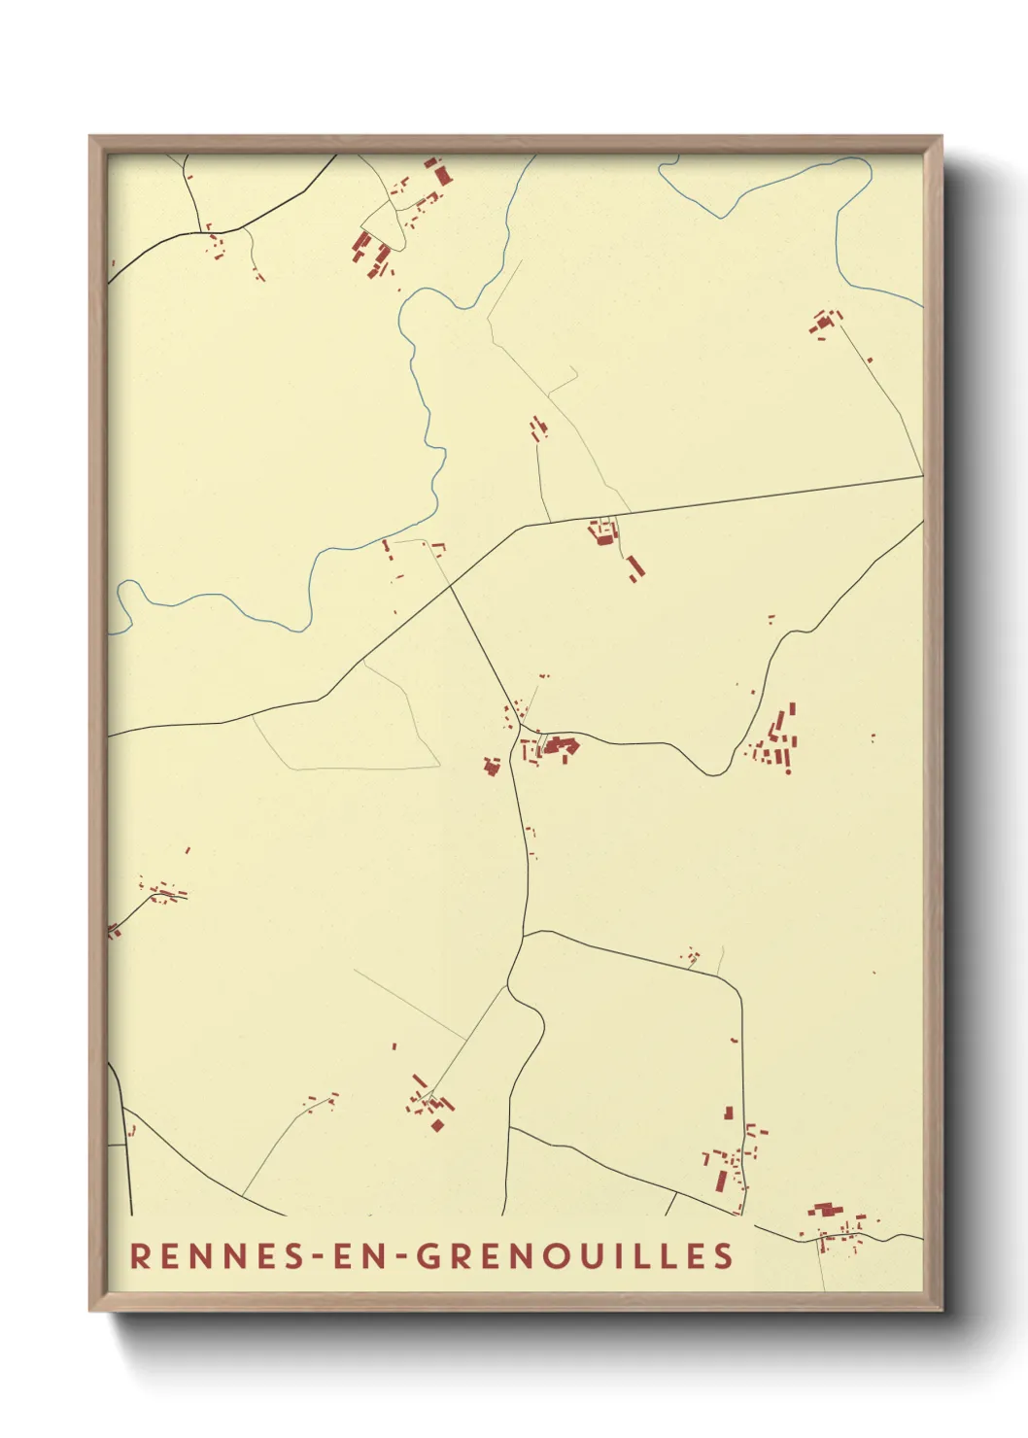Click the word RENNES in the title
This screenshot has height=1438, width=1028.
pyautogui.click(x=217, y=1255)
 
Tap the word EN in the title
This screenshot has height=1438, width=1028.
pyautogui.click(x=360, y=1255)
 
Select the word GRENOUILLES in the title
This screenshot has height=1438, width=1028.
pyautogui.click(x=574, y=1255)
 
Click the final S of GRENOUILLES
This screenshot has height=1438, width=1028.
pyautogui.click(x=724, y=1255)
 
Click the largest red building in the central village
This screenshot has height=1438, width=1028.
pyautogui.click(x=559, y=745)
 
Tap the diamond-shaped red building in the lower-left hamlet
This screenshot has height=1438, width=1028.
pyautogui.click(x=437, y=1125)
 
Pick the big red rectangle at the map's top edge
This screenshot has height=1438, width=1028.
pyautogui.click(x=443, y=175)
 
